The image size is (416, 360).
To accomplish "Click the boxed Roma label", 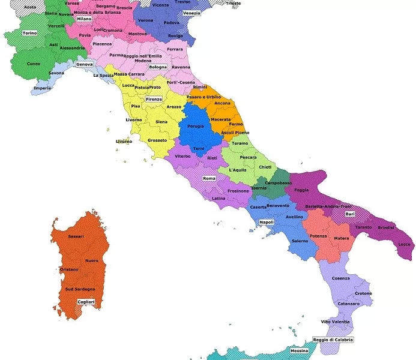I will click(x=209, y=179).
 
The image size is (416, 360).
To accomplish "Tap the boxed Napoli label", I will click(x=267, y=223).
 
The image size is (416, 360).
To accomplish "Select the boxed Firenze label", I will click(x=154, y=99).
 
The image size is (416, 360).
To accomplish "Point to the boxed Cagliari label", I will click(x=86, y=302).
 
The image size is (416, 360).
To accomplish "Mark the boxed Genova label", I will click(x=84, y=64).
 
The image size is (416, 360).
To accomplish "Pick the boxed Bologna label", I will click(x=158, y=67).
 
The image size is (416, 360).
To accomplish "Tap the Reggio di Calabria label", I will click(x=333, y=340).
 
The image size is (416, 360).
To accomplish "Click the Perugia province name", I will click(x=196, y=127).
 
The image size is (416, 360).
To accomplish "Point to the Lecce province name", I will click(x=405, y=244).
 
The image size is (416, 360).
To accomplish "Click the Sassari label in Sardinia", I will click(x=76, y=236).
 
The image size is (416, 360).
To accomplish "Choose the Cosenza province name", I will click(x=341, y=278).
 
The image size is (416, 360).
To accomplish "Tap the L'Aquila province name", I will click(x=240, y=170).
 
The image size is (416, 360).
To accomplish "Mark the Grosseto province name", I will click(x=157, y=140).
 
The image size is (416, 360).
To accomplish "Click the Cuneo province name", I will click(x=34, y=64).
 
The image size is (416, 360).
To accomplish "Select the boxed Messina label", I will click(x=299, y=350).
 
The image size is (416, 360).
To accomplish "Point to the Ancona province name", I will click(x=222, y=103).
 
